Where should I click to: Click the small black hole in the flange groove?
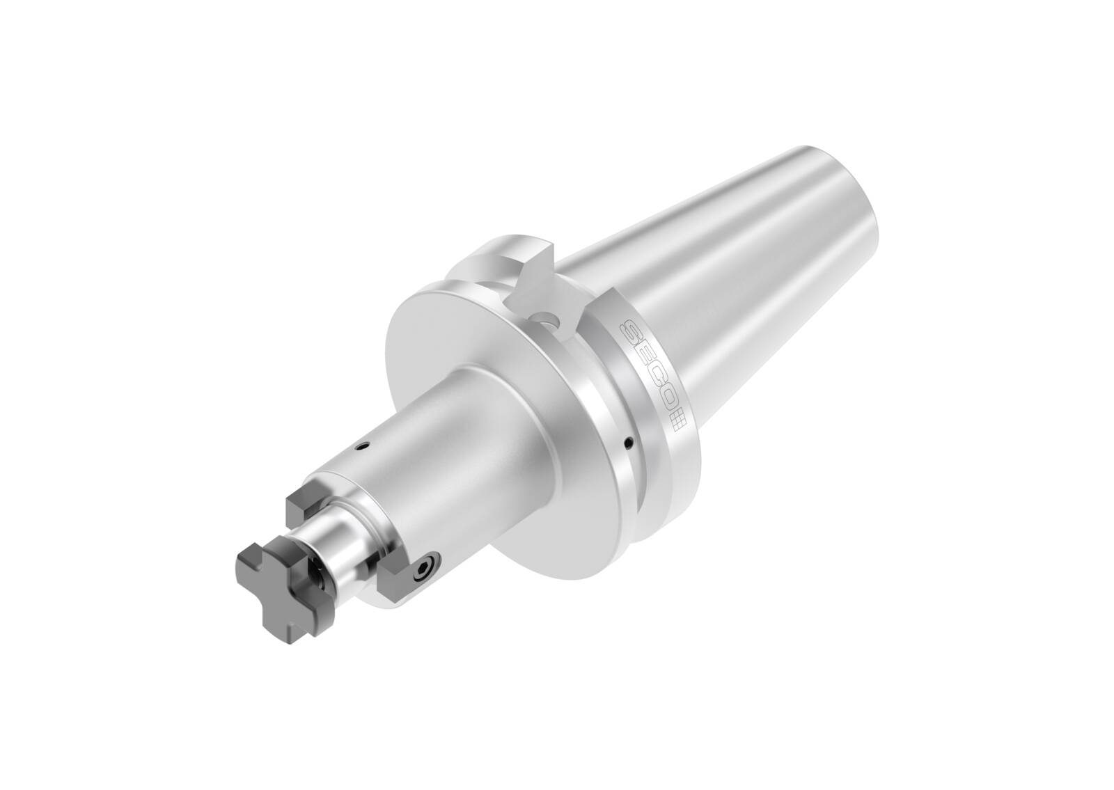click(629, 441)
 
